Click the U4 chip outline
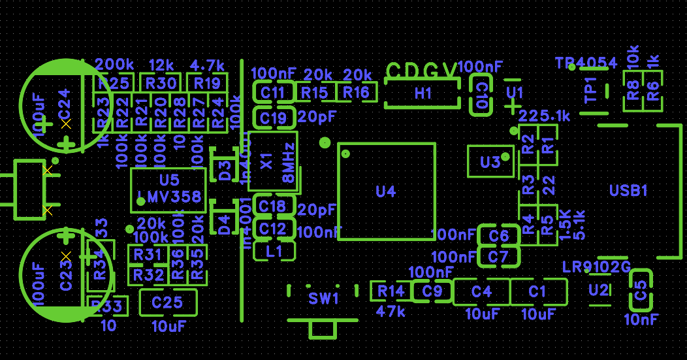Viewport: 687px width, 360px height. pos(387,191)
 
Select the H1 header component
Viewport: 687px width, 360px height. pos(423,93)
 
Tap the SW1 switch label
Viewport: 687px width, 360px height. pos(324,299)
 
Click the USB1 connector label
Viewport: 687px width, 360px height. pos(628,191)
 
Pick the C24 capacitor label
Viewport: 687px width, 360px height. pos(64,104)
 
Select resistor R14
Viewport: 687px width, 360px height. pos(391,291)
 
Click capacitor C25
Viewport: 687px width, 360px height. pos(167,303)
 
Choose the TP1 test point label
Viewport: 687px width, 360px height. pos(590,90)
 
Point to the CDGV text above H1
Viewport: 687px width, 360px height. pos(422,71)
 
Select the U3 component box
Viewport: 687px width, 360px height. pos(490,161)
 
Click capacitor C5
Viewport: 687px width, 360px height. pos(641,291)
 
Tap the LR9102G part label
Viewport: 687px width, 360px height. pos(596,267)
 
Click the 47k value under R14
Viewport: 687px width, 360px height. pos(391,312)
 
